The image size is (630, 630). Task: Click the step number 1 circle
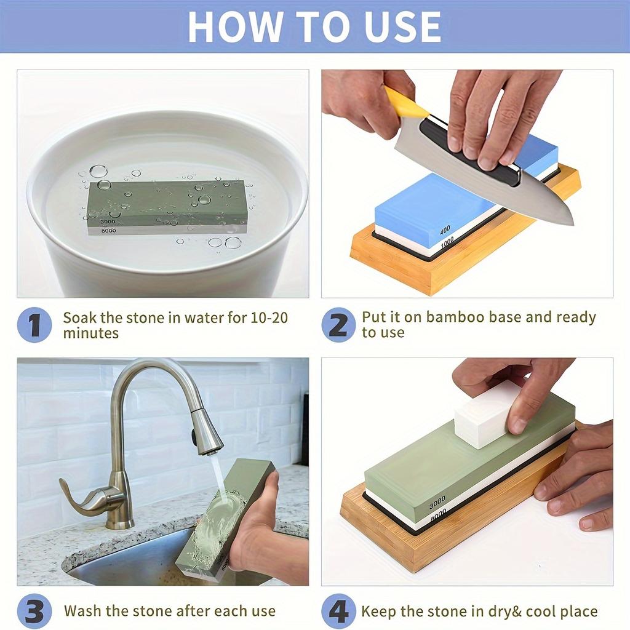pos(34,325)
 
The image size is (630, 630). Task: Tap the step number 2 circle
pos(338,325)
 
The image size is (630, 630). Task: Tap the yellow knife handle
pos(405,104)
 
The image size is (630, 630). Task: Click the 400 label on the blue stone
pos(445,231)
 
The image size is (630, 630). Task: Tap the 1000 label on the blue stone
pos(447,242)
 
